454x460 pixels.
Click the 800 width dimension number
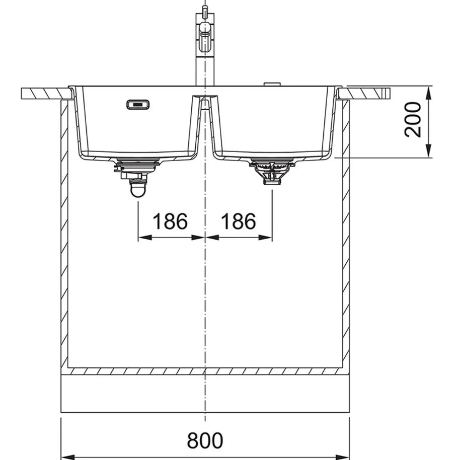(x=205, y=440)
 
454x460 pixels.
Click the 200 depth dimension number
(x=413, y=119)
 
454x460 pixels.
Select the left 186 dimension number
(x=170, y=221)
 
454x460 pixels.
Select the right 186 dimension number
(x=238, y=221)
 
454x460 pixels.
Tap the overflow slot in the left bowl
(x=138, y=105)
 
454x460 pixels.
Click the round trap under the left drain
(x=137, y=189)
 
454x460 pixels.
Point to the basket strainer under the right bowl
(x=272, y=171)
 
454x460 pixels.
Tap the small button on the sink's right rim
(x=272, y=85)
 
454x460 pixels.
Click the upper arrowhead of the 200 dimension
(x=429, y=93)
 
